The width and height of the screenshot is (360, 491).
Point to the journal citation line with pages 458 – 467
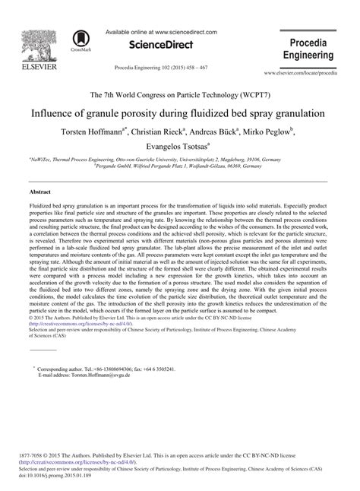[160, 66]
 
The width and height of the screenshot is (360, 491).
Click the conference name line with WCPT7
[180, 93]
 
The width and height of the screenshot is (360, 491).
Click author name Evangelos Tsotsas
[178, 145]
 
